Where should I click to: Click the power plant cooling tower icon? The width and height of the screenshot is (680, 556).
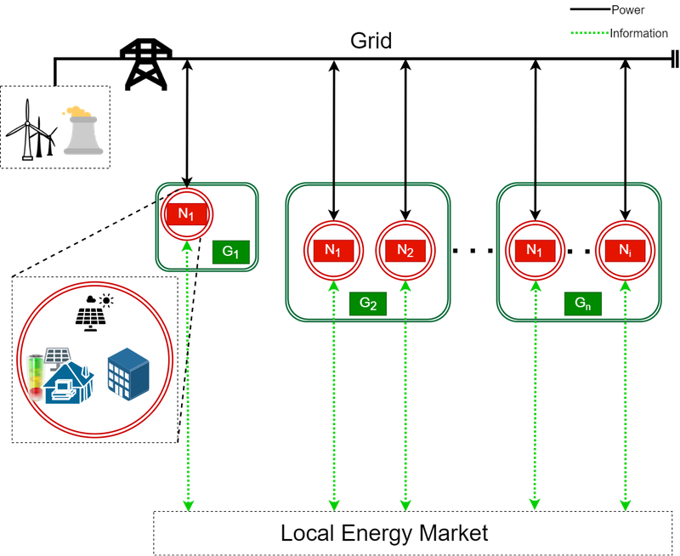(82, 131)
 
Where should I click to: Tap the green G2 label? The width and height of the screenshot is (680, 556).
(368, 304)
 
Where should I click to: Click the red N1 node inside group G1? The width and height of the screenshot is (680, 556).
(186, 213)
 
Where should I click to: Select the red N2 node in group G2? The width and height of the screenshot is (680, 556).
(405, 251)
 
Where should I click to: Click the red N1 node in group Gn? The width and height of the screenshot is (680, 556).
(535, 251)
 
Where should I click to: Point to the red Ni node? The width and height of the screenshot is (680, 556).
(625, 251)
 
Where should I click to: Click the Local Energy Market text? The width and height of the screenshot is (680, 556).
(384, 533)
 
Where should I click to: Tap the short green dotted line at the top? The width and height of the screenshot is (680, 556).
(589, 33)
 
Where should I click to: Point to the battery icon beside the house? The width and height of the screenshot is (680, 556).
(35, 375)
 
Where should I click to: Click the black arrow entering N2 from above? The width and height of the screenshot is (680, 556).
(405, 200)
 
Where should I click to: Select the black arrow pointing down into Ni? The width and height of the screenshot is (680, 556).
(625, 200)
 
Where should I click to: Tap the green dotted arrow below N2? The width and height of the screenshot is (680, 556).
(405, 400)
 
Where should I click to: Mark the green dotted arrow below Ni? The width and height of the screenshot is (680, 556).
(625, 400)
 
